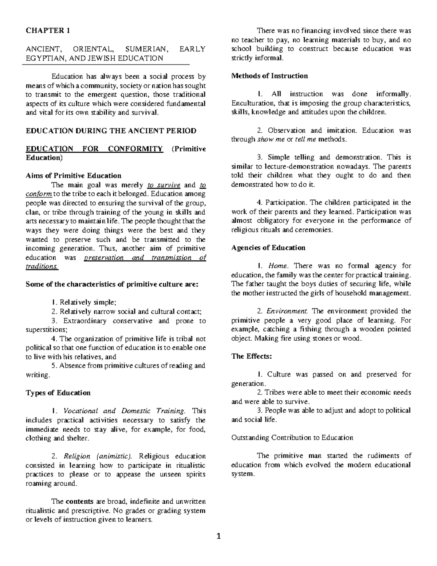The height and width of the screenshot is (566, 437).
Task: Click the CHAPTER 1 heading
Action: click(48, 31)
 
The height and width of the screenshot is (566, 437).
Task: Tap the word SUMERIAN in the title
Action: click(144, 49)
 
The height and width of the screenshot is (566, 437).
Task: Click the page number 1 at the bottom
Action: click(219, 536)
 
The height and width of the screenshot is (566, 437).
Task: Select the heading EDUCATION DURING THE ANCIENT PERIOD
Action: click(111, 130)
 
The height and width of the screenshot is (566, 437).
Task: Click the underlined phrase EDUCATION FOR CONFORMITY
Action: click(94, 149)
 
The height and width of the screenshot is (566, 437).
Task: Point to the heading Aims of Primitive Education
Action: click(74, 176)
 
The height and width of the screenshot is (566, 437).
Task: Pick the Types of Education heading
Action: click(58, 393)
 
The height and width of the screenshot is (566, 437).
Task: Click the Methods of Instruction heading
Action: click(269, 76)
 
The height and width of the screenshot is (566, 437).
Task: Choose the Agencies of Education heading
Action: click(268, 248)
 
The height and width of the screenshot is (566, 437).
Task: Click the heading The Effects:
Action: click(252, 356)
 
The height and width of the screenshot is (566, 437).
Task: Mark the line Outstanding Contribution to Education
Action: click(292, 438)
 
